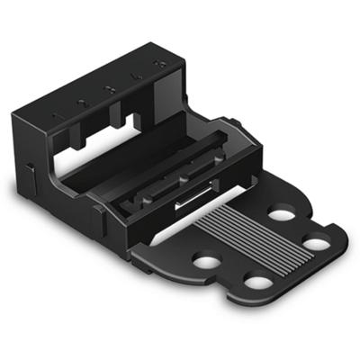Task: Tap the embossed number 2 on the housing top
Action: click(82, 103)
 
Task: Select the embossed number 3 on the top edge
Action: click(109, 90)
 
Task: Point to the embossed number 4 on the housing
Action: click(137, 77)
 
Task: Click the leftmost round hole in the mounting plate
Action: click(207, 262)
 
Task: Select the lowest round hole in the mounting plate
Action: click(258, 283)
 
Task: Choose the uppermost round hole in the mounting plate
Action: click(281, 214)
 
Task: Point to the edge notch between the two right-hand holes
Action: click(306, 220)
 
